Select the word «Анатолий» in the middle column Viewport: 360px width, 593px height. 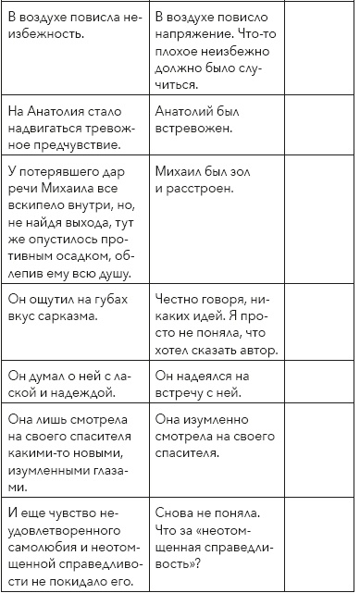coord(185,110)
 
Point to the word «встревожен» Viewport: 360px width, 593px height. coord(196,127)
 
